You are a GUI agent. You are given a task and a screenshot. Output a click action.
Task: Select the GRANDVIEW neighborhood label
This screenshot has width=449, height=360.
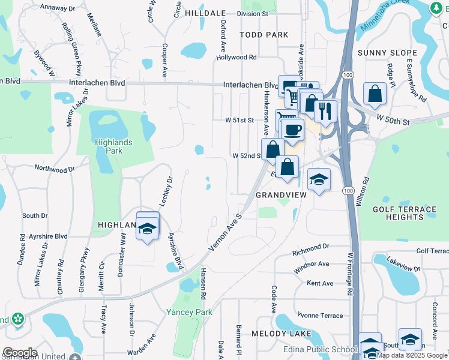pos(282,195)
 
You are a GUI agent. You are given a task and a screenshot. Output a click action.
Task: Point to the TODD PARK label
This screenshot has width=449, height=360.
pos(264,35)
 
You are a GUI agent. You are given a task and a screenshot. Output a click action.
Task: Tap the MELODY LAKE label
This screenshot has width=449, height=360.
pos(282,333)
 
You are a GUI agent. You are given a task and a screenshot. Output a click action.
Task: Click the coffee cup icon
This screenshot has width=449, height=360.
pos(293,130)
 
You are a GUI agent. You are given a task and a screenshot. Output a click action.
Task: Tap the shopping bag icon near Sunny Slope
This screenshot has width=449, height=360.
pos(375,94)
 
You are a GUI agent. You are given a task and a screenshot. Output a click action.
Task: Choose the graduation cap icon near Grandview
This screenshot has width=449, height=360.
pos(319,179)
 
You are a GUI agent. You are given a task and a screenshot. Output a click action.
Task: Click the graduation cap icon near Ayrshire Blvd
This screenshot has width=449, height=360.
pos(147,228)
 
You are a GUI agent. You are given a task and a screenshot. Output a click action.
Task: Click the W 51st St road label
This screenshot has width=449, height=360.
pos(240,120)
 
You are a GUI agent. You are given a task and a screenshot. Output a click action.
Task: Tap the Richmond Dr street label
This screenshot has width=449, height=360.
pos(312,247)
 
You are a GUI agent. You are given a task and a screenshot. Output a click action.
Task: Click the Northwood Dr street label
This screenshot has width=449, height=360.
pos(54,169)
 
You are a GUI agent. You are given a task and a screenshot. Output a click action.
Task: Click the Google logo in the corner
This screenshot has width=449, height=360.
pos(19,353)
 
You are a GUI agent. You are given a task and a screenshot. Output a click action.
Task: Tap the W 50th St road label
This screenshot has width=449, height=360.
pos(393,121)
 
